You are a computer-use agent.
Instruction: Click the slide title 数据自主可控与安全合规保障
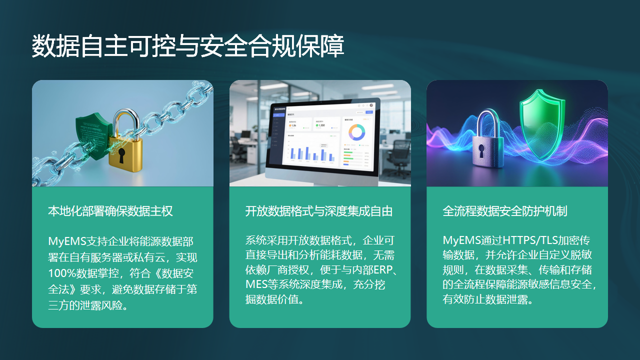(x=189, y=46)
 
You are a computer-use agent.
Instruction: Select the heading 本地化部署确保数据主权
(x=111, y=212)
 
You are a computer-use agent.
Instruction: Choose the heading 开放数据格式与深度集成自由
(x=318, y=212)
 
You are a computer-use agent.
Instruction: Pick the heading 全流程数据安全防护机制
(x=505, y=212)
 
